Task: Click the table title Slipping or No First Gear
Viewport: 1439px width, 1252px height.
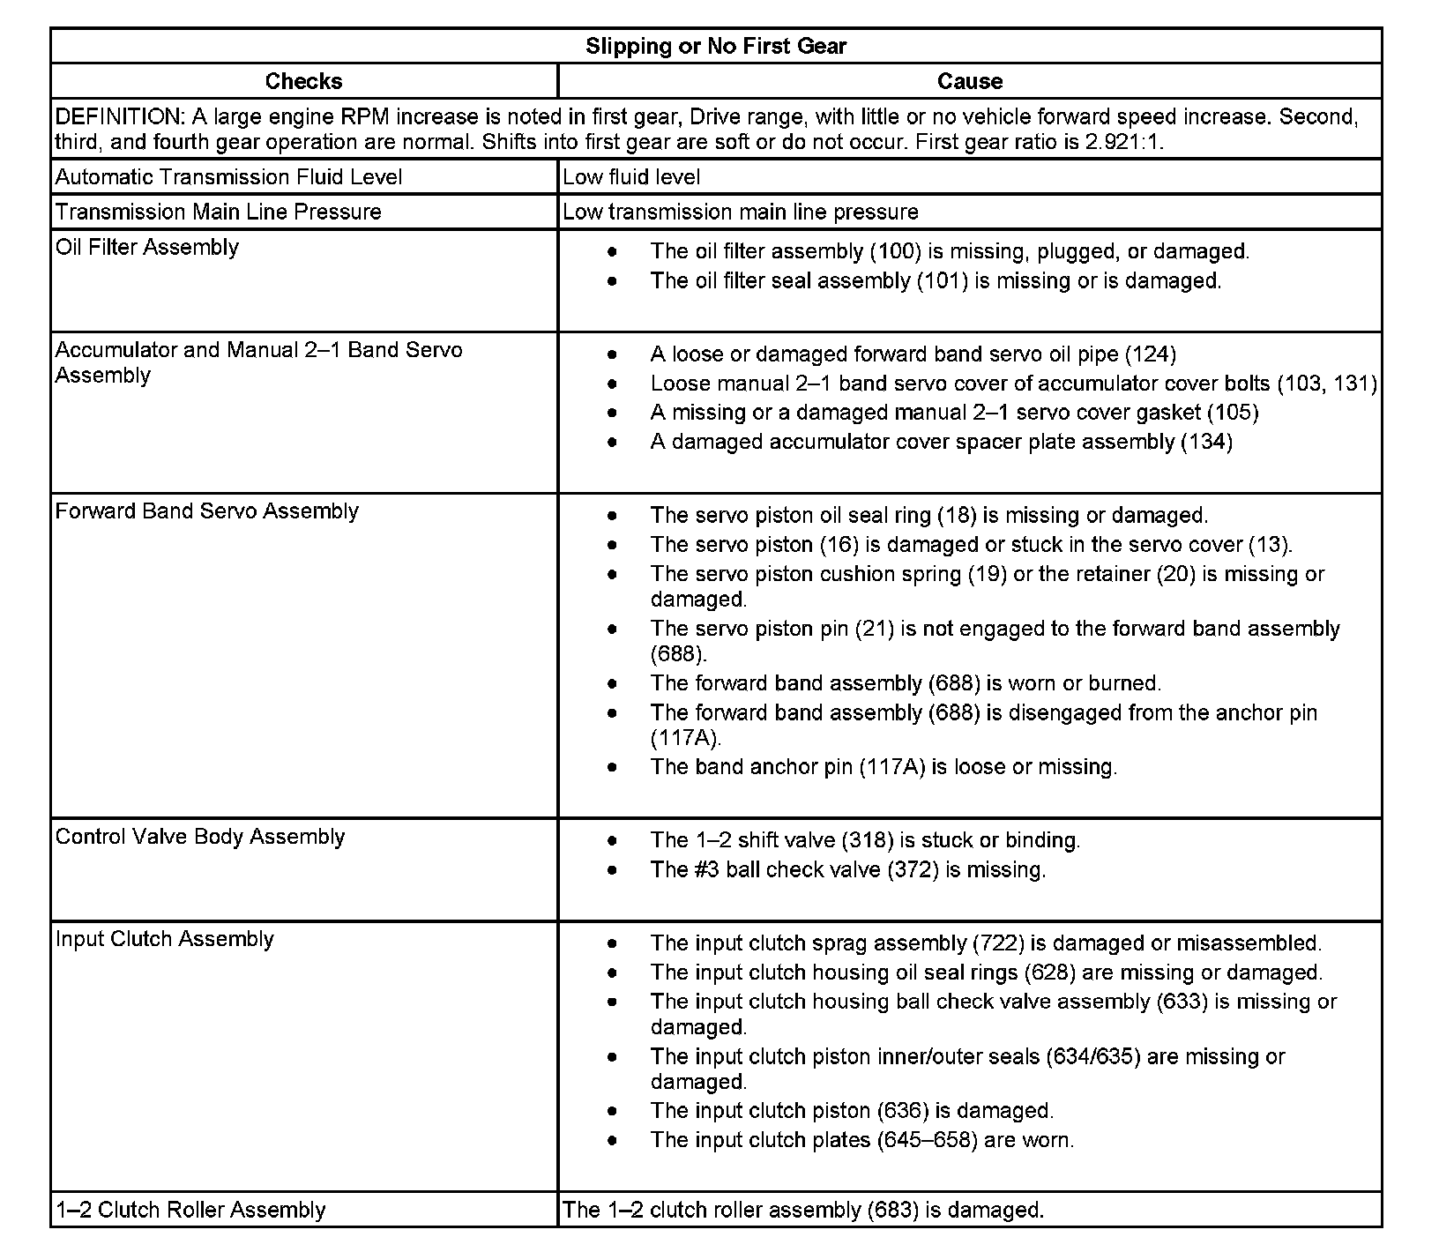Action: (x=715, y=47)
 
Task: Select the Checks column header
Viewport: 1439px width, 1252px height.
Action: (x=303, y=82)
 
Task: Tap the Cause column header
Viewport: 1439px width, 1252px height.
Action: (x=969, y=82)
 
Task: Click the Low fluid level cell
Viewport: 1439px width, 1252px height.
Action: (x=631, y=177)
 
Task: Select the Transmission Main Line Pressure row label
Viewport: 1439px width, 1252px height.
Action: (x=218, y=212)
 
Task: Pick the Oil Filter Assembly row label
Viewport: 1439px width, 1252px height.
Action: (x=146, y=248)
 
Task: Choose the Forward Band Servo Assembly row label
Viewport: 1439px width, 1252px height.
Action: (x=206, y=512)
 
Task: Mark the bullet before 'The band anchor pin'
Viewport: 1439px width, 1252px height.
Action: (x=612, y=768)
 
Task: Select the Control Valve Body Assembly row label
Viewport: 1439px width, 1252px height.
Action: (x=199, y=838)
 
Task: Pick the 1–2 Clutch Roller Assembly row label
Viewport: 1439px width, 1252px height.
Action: (x=190, y=1211)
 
